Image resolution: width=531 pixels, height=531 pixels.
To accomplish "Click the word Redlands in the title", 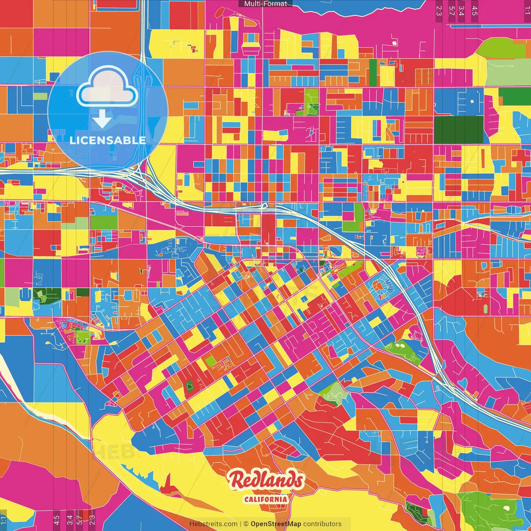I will (x=265, y=480).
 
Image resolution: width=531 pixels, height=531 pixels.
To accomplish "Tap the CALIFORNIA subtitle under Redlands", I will (x=265, y=499).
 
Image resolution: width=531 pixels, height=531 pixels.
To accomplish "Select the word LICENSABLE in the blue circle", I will (x=107, y=140).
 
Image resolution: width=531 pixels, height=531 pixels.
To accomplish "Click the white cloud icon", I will (x=107, y=88).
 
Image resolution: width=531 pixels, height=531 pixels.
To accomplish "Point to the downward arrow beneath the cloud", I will (x=102, y=119).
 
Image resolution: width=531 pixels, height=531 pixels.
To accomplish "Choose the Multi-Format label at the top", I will (x=265, y=4).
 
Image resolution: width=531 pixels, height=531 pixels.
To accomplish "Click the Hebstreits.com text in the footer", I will (x=213, y=524).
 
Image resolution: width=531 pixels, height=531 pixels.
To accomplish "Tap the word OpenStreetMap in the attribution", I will (x=276, y=524).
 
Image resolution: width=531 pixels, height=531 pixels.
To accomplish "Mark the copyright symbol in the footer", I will (x=246, y=524).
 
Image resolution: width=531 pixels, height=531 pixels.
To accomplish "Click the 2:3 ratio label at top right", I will (x=439, y=11).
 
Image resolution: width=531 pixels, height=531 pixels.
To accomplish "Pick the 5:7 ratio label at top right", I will (x=451, y=11).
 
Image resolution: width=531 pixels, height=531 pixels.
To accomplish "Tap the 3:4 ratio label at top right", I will (x=461, y=11).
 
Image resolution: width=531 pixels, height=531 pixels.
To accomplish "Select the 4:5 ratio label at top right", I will (x=475, y=11).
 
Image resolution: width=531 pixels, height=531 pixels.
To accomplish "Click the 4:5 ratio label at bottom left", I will (x=56, y=520).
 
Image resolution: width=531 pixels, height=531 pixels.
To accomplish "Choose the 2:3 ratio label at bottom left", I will (x=92, y=520).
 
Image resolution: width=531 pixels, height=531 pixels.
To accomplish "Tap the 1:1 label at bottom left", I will (x=4, y=520).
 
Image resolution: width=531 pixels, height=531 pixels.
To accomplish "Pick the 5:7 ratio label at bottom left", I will (x=80, y=520).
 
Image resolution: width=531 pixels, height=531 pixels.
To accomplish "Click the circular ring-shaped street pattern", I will (x=379, y=286).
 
